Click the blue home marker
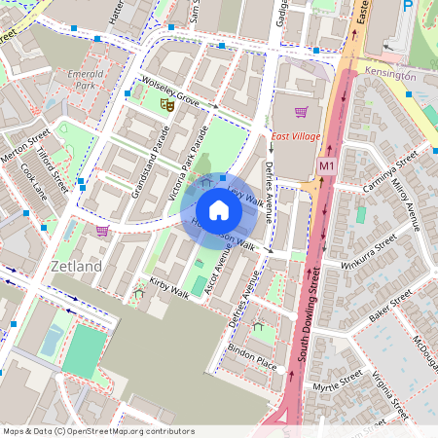(x=219, y=210)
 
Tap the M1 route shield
(x=326, y=166)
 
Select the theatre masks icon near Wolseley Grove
(x=166, y=101)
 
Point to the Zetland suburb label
(x=72, y=266)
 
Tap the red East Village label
(x=296, y=136)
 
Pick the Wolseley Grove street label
(x=169, y=91)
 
